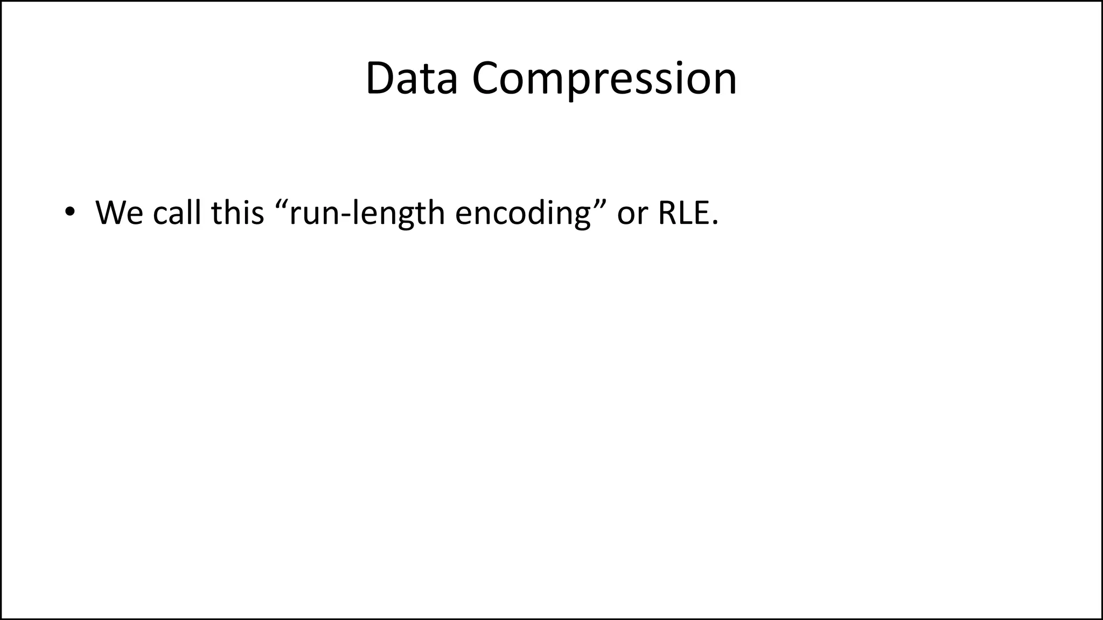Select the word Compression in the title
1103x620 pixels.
pyautogui.click(x=604, y=79)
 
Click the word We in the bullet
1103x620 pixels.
pyautogui.click(x=119, y=213)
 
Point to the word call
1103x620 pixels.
pyautogui.click(x=176, y=213)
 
